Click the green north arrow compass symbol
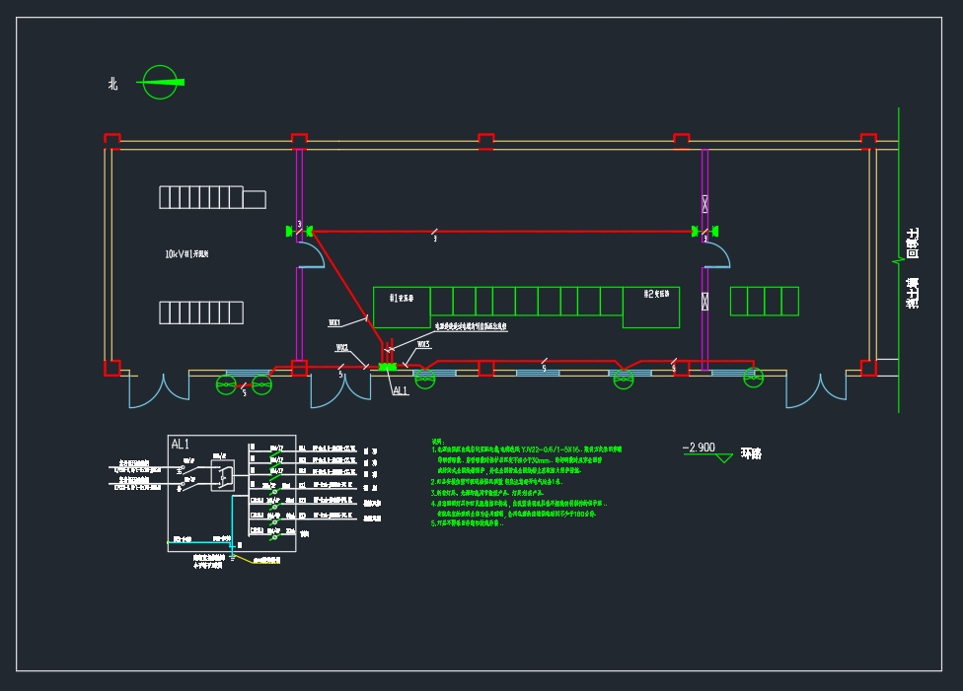(x=162, y=82)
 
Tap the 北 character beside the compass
(x=113, y=85)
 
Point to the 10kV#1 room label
(x=186, y=254)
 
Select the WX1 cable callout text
(x=334, y=322)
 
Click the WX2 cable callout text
(x=341, y=347)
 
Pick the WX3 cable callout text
(x=423, y=345)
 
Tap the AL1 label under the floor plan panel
(x=401, y=390)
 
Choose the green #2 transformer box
(x=650, y=307)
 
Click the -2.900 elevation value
(x=699, y=448)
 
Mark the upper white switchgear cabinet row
(x=212, y=197)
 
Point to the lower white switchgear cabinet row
(x=201, y=312)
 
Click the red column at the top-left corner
(x=112, y=140)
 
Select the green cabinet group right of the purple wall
(x=764, y=301)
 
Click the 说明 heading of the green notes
(x=438, y=441)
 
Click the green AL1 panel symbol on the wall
(x=386, y=367)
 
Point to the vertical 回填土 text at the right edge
(x=913, y=243)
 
